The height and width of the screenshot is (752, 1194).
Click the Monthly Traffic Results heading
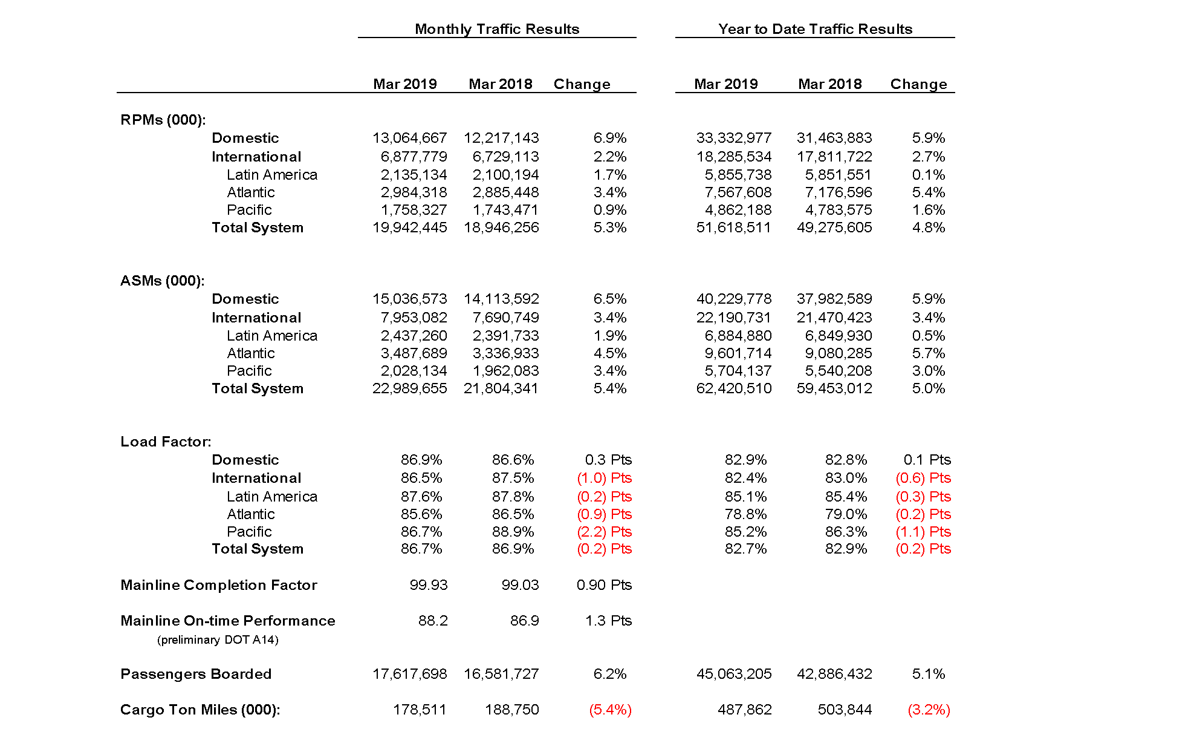pyautogui.click(x=496, y=29)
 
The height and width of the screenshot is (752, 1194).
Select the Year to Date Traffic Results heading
pyautogui.click(x=815, y=29)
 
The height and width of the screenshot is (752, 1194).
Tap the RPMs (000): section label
pyautogui.click(x=163, y=120)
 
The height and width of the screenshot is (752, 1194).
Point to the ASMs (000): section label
pyautogui.click(x=163, y=281)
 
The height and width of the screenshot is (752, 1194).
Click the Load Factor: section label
pyautogui.click(x=166, y=442)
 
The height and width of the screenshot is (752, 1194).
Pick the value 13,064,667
pyautogui.click(x=409, y=138)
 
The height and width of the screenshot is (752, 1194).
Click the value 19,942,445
pyautogui.click(x=409, y=227)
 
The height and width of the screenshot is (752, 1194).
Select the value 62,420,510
pyautogui.click(x=733, y=388)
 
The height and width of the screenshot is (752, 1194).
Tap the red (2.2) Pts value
pyautogui.click(x=604, y=532)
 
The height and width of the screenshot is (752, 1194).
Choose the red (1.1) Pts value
pyautogui.click(x=923, y=532)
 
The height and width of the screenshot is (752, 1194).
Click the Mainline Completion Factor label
pyautogui.click(x=219, y=585)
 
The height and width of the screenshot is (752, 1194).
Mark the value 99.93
pyautogui.click(x=429, y=585)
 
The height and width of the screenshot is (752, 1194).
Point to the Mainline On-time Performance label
pyautogui.click(x=228, y=621)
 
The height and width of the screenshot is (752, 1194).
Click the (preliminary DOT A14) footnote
pyautogui.click(x=218, y=640)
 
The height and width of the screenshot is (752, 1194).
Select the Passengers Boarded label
pyautogui.click(x=196, y=674)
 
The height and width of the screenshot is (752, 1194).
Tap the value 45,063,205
pyautogui.click(x=733, y=674)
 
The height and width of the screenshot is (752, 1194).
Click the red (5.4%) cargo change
pyautogui.click(x=610, y=710)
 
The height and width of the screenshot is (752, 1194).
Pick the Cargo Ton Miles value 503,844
pyautogui.click(x=845, y=710)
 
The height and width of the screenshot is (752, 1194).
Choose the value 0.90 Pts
pyautogui.click(x=604, y=585)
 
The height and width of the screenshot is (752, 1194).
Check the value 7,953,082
pyautogui.click(x=414, y=318)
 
